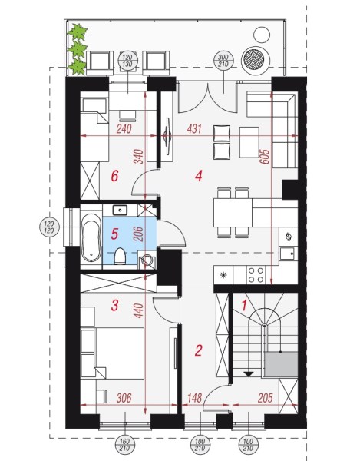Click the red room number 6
pyautogui.click(x=114, y=176)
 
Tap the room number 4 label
pyautogui.click(x=199, y=176)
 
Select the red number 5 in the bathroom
pyautogui.click(x=114, y=234)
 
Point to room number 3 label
pyautogui.click(x=114, y=305)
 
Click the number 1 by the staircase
pyautogui.click(x=244, y=306)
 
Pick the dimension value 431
pyautogui.click(x=194, y=129)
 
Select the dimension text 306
pyautogui.click(x=124, y=398)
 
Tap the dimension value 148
pyautogui.click(x=194, y=398)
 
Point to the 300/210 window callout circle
pyautogui.click(x=223, y=61)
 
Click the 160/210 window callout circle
pyautogui.click(x=125, y=445)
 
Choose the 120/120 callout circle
pyautogui.click(x=49, y=227)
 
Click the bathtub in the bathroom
pyautogui.click(x=91, y=237)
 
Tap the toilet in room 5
pyautogui.click(x=120, y=257)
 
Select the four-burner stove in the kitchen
pyautogui.click(x=256, y=275)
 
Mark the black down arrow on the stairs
pyautogui.click(x=249, y=374)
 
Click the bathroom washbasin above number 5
pyautogui.click(x=120, y=211)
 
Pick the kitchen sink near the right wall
pyautogui.click(x=287, y=253)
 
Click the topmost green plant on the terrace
pyautogui.click(x=78, y=32)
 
